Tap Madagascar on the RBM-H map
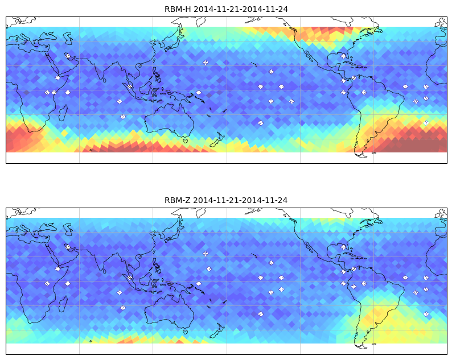point(63,113)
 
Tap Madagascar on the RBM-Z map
point(63,304)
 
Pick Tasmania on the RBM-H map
point(186,140)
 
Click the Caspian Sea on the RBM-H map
point(68,38)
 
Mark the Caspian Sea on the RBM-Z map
point(68,229)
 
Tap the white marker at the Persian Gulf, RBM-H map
point(68,56)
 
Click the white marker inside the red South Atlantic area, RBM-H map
point(426,123)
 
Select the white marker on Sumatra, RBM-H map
point(130,86)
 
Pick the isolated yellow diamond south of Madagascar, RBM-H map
point(64,133)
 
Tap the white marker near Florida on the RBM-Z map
point(343,247)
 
